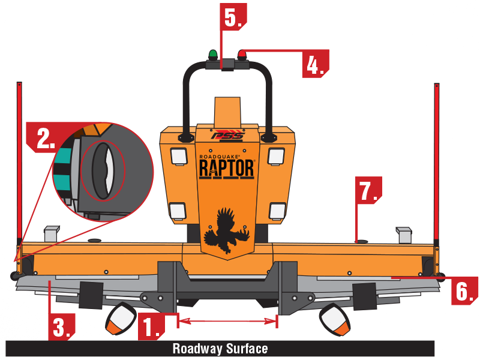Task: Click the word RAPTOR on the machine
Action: [227, 169]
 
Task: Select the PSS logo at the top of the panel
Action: [227, 136]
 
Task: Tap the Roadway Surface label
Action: [220, 349]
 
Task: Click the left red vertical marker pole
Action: [19, 162]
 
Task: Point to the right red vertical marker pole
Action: [437, 162]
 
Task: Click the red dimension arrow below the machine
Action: [227, 322]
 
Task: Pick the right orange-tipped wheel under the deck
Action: [335, 319]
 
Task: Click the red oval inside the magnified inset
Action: [102, 172]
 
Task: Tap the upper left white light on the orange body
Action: [178, 156]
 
